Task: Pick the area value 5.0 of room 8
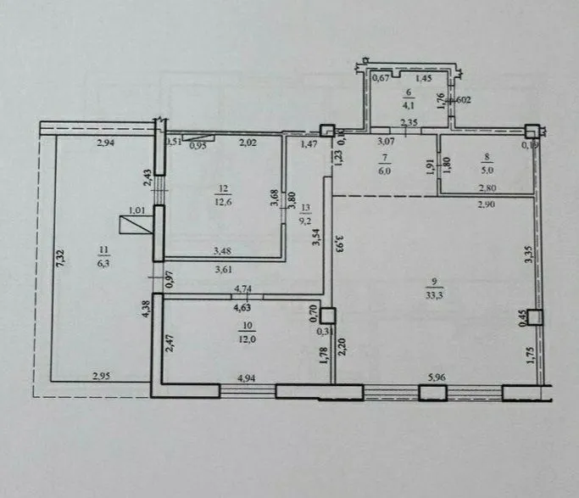click(x=485, y=166)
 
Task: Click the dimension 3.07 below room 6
click(x=387, y=141)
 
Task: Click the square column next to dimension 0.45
click(x=535, y=316)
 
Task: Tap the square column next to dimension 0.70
click(x=327, y=314)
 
